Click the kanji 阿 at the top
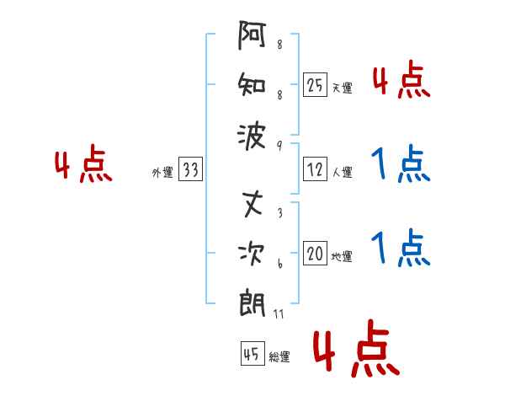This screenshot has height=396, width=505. click(x=253, y=38)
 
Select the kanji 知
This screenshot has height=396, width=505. click(x=253, y=85)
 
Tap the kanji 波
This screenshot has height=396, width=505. click(x=253, y=133)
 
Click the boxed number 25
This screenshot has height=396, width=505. click(x=315, y=84)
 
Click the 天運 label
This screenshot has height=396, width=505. click(x=342, y=88)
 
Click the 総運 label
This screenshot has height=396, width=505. click(x=279, y=357)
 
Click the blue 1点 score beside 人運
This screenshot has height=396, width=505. click(x=400, y=164)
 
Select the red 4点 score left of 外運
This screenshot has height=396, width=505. click(x=83, y=165)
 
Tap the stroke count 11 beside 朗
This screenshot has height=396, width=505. click(x=279, y=314)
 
